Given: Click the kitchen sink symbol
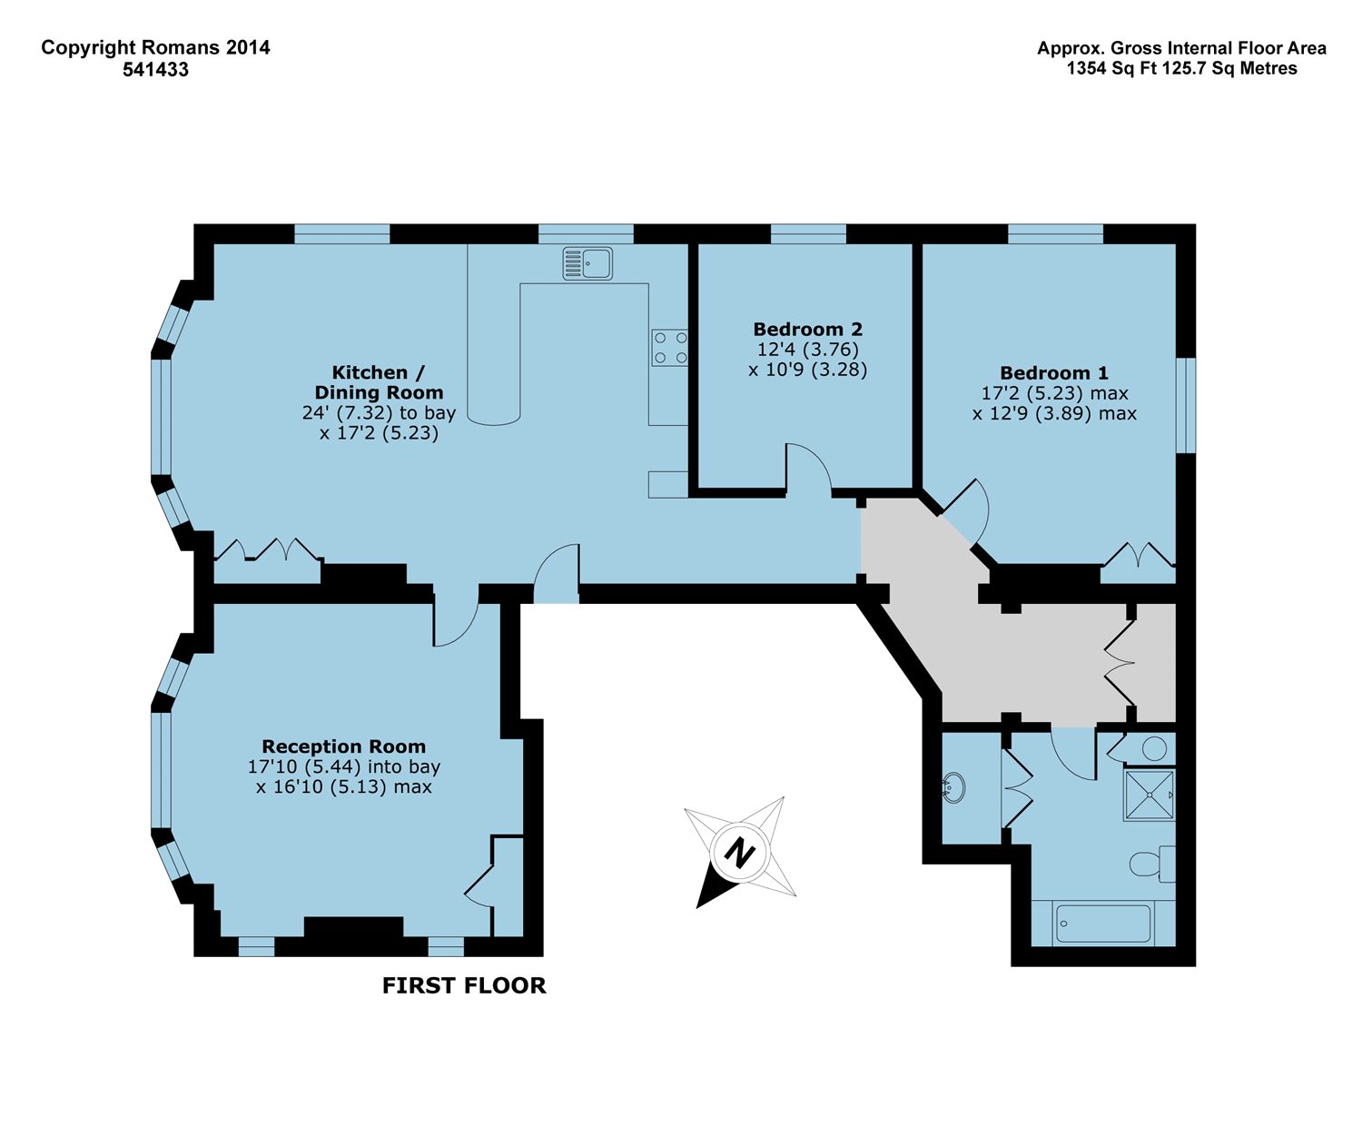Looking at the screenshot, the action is tap(587, 263).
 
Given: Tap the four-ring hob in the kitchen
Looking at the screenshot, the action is tap(670, 348).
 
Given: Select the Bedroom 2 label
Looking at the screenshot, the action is tap(807, 329).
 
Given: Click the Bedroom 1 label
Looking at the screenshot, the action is tap(1054, 372).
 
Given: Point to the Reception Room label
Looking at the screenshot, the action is tap(344, 746).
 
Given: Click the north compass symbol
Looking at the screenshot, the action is tap(740, 852).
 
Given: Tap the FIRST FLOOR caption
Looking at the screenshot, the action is tap(464, 985).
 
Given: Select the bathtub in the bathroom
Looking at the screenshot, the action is tap(1103, 924).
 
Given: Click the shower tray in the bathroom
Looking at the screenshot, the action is tap(1150, 795).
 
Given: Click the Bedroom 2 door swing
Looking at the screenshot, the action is tap(808, 467).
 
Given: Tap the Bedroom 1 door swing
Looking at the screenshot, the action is tap(965, 511).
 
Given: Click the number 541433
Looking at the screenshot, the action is tap(156, 70).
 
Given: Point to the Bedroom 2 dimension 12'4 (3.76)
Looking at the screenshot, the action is tap(807, 349).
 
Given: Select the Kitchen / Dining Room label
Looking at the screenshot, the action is tap(379, 382).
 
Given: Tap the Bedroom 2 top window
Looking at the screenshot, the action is tap(808, 234).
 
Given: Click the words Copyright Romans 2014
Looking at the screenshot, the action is tap(155, 47).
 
